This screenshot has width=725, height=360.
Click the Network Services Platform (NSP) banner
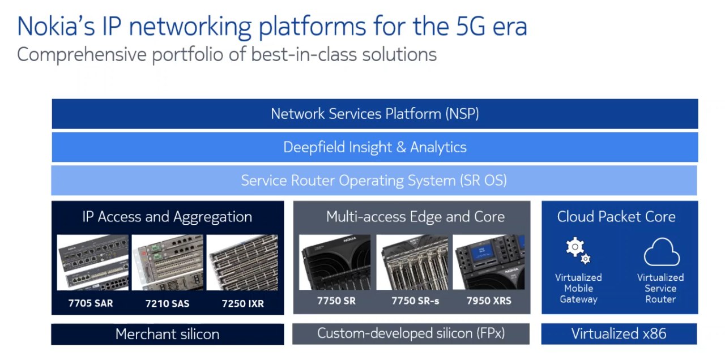[375, 114]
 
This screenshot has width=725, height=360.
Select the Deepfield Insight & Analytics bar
[375, 147]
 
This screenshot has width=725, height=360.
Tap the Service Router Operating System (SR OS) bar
[374, 181]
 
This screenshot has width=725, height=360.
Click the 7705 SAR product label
[91, 303]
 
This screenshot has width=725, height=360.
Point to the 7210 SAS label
[167, 304]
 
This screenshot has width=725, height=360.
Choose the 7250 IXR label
[243, 304]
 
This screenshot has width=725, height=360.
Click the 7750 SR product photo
[335, 262]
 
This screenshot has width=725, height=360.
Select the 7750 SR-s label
[416, 301]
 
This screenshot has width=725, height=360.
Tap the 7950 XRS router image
[489, 262]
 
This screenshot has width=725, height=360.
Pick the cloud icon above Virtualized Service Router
[662, 252]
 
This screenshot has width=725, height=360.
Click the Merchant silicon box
[168, 334]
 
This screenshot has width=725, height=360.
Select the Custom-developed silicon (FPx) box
[411, 333]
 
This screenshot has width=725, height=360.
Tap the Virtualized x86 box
[619, 334]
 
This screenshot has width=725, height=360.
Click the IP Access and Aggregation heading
[167, 217]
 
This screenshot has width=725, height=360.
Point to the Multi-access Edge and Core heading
[415, 217]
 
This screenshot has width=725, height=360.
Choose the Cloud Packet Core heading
[616, 217]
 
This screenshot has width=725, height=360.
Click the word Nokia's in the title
[56, 26]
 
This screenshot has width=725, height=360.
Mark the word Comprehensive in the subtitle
[82, 55]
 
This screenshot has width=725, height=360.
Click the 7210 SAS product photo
[168, 263]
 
